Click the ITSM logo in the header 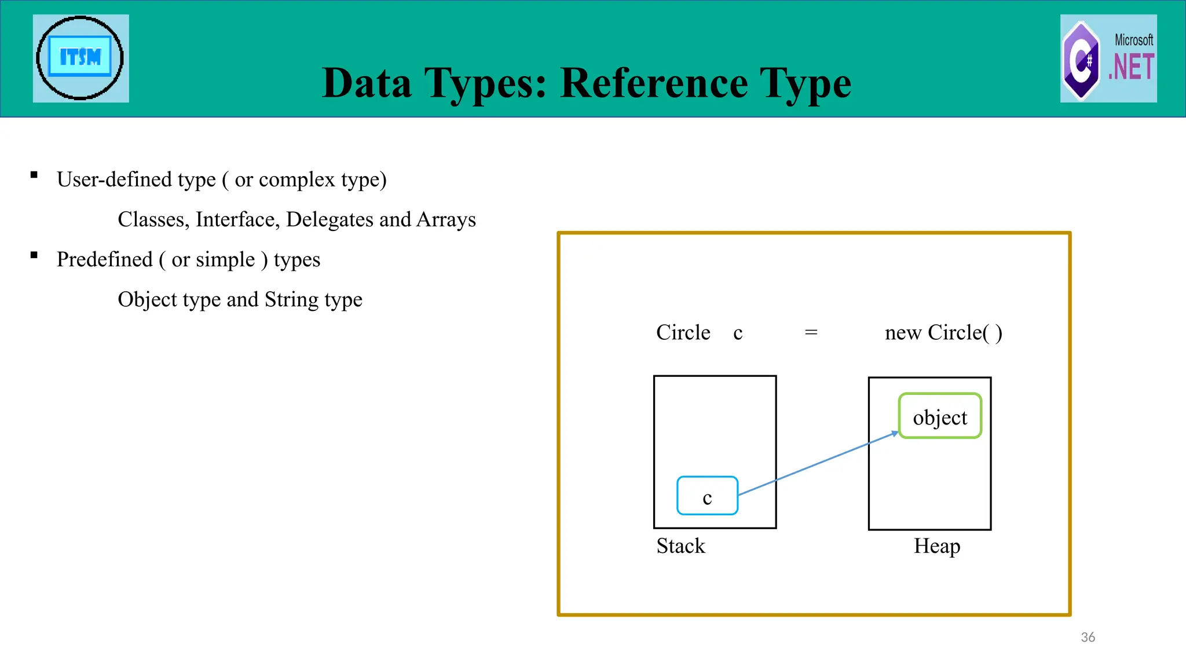coord(80,58)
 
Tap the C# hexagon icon coord(1081,60)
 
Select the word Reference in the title coord(654,83)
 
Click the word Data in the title coord(367,83)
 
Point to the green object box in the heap coord(940,416)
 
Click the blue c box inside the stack coord(707,496)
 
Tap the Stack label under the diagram coord(681,546)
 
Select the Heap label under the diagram coord(937,546)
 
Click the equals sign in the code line coord(811,333)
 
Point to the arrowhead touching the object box coord(895,433)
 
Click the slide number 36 coord(1088,637)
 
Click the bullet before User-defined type coord(34,175)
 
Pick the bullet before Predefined coord(34,255)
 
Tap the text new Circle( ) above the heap coord(943,333)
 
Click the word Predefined coord(105,259)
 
